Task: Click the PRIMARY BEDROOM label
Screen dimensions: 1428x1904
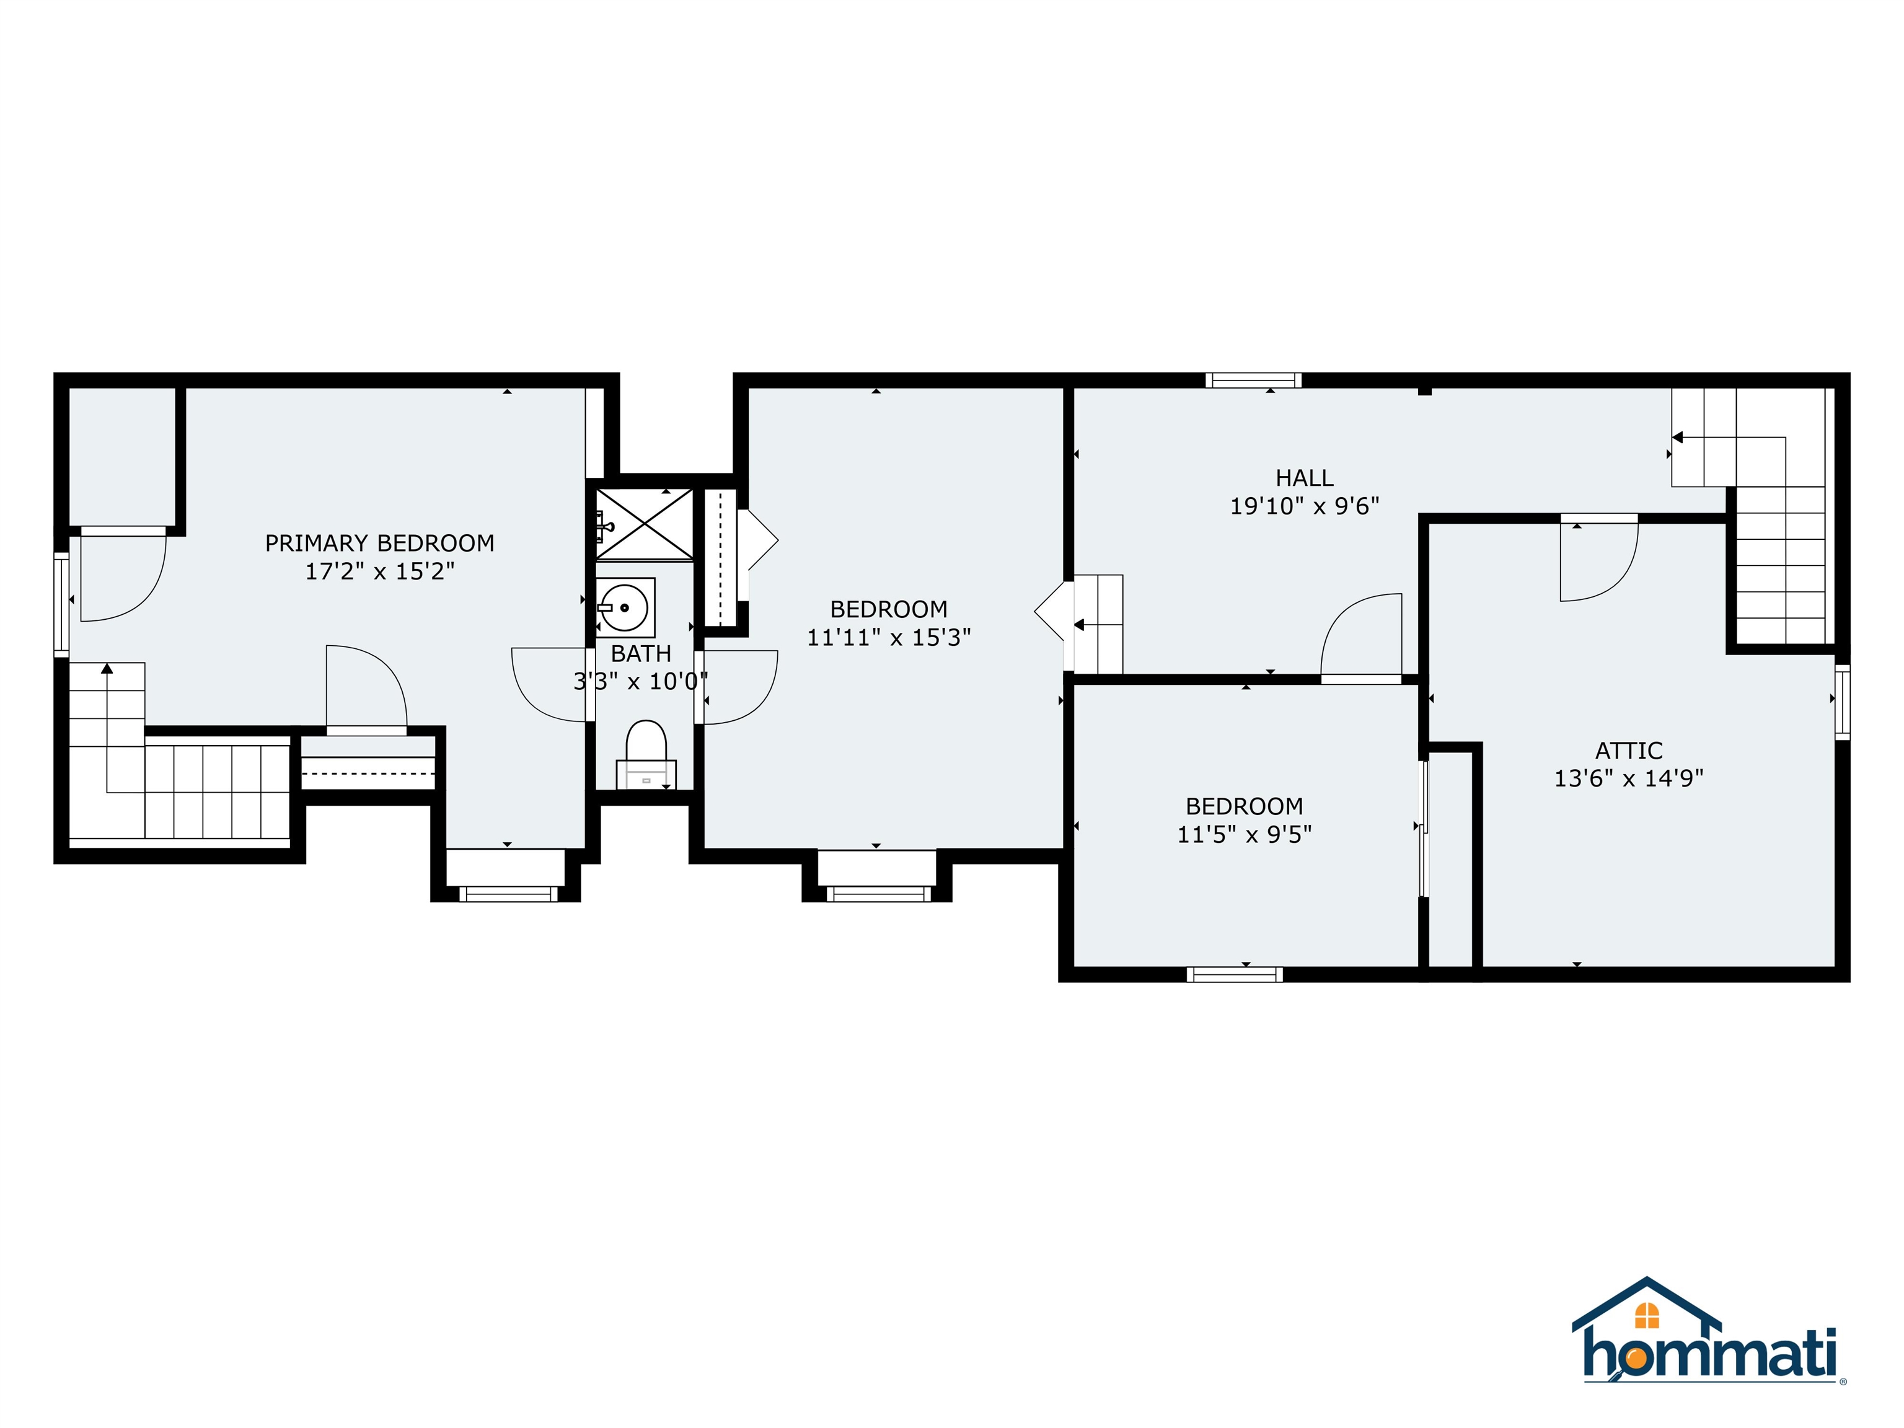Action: pos(379,543)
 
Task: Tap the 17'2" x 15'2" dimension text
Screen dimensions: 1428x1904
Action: pos(379,571)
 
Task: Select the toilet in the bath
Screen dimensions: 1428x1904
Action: pos(646,751)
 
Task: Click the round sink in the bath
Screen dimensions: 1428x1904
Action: pos(625,607)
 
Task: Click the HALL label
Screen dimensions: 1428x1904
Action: pos(1304,478)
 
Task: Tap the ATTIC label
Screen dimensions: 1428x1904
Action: pos(1629,751)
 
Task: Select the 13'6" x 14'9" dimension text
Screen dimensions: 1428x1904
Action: pos(1629,778)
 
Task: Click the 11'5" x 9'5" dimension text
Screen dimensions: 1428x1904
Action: pos(1244,834)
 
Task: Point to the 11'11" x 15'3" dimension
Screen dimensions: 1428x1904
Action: pos(888,638)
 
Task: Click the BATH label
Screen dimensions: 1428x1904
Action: pos(640,653)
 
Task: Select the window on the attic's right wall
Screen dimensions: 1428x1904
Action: pos(1841,702)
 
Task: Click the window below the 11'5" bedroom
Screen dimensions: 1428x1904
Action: pos(1235,974)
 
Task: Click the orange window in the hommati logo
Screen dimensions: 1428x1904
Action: pos(1646,1315)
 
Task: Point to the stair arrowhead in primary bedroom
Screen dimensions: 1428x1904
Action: pos(107,668)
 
